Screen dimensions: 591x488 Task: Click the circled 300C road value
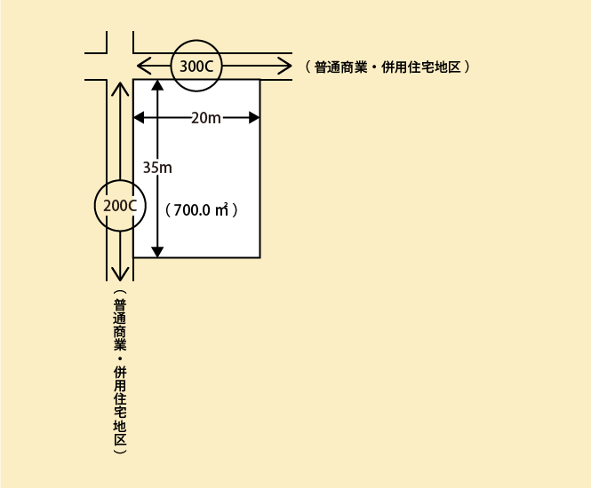196,67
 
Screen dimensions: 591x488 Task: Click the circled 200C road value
120,206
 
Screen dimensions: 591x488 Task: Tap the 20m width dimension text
206,118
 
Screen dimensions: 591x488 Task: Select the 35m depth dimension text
157,168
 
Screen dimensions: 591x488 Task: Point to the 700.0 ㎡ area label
202,210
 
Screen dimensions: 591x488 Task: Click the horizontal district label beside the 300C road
387,67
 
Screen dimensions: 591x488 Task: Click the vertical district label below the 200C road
120,372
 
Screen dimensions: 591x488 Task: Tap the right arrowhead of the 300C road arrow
285,66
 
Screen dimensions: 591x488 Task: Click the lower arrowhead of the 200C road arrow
120,275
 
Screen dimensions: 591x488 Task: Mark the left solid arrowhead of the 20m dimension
139,118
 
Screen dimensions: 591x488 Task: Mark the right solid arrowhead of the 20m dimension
254,118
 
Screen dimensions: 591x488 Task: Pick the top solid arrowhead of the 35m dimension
157,84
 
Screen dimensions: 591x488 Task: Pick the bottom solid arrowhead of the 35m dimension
157,252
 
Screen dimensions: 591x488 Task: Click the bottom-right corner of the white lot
260,257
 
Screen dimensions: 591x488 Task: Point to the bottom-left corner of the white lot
133,257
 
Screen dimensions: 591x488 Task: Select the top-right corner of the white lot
260,79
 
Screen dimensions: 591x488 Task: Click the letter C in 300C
209,67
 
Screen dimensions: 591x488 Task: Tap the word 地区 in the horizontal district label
448,67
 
